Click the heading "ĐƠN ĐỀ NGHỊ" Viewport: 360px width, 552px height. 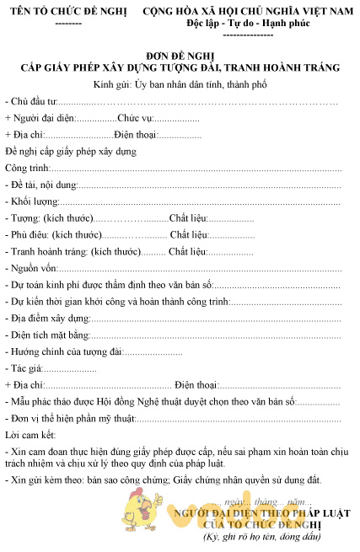180,54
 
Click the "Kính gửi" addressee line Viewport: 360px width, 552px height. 180,84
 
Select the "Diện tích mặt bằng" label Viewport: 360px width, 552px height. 50,335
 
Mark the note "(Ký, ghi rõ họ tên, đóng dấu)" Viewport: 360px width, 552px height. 264,537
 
